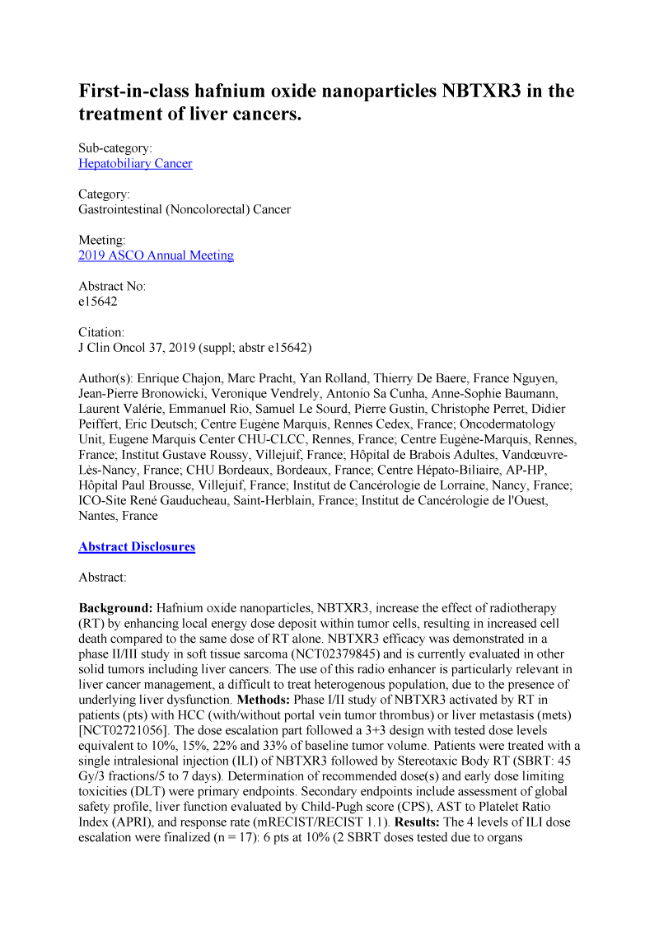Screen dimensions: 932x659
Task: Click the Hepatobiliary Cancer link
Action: [135, 163]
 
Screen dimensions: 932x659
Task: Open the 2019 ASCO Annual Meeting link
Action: [156, 255]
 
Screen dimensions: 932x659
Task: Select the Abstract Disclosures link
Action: [137, 546]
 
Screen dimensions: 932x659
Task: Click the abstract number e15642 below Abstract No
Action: [98, 302]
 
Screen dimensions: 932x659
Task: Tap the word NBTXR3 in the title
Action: [466, 91]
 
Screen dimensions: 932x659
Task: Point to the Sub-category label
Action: [115, 148]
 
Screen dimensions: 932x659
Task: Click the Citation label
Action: [101, 332]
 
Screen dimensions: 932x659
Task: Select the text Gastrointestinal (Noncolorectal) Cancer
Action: [185, 209]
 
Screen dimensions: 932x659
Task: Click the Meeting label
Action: [102, 240]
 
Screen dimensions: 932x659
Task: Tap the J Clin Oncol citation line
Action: [195, 347]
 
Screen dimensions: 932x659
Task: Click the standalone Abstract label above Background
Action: [102, 578]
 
